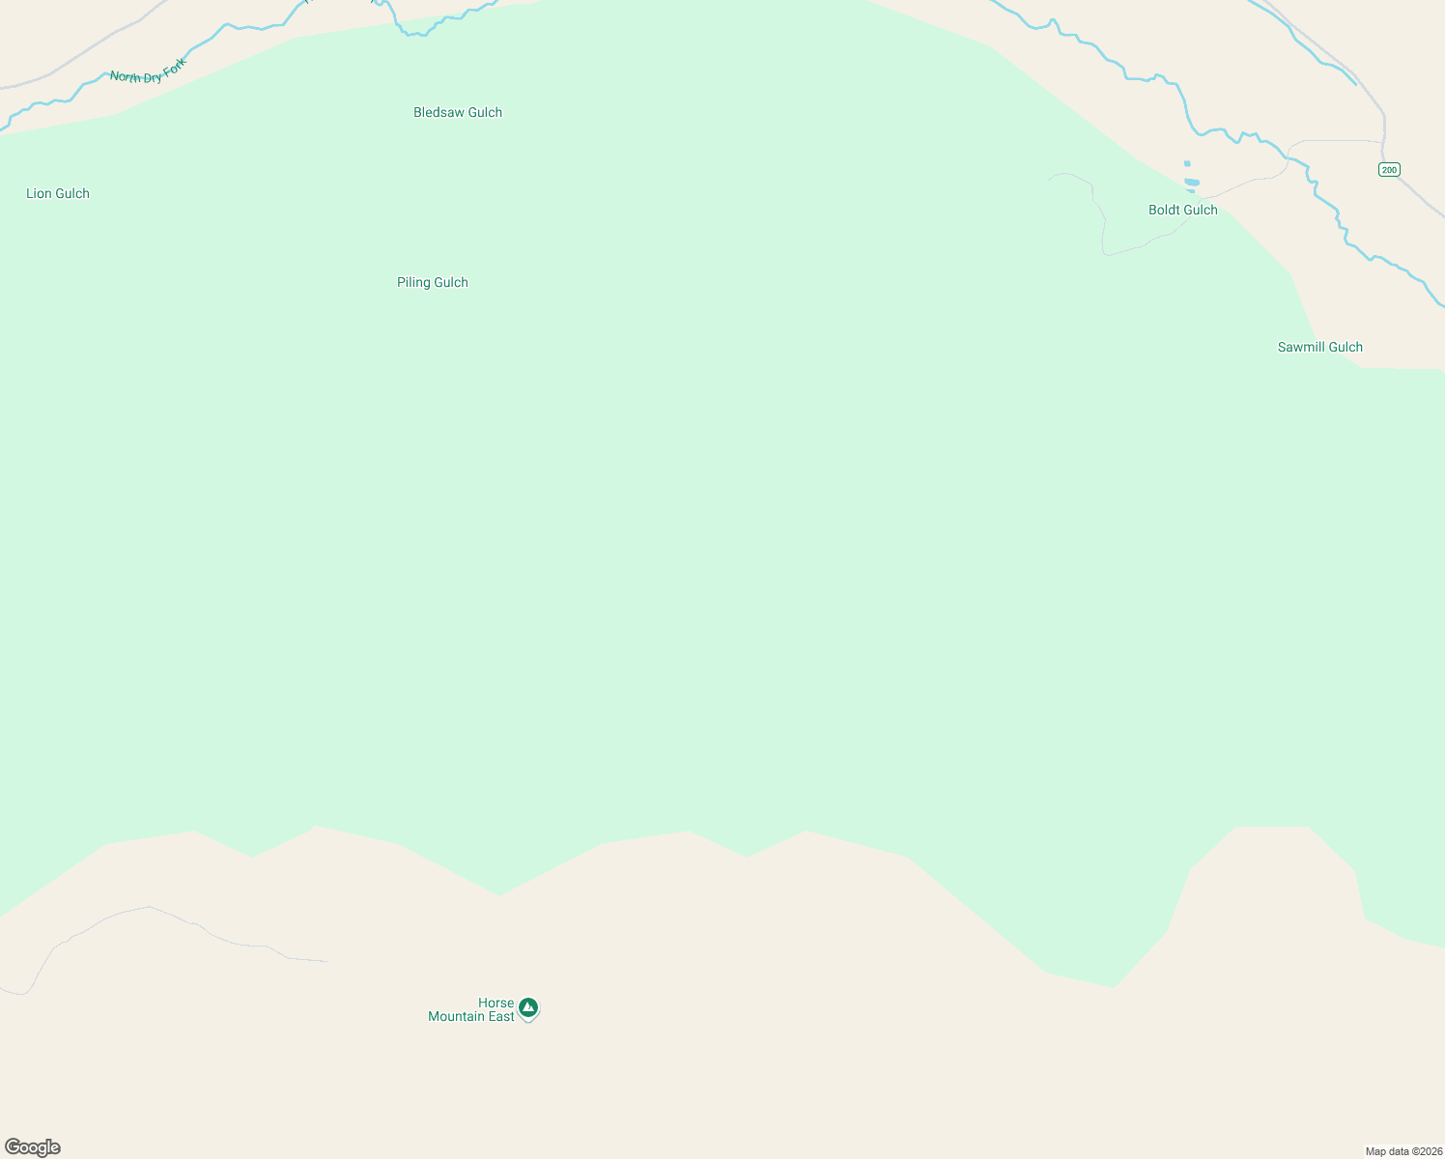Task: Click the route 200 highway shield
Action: click(x=1389, y=170)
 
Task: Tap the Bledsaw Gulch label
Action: click(x=458, y=113)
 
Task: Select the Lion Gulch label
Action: click(x=58, y=194)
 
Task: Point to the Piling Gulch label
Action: click(x=433, y=283)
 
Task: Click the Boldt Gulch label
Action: click(x=1183, y=211)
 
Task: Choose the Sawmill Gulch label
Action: click(x=1320, y=348)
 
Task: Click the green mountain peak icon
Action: click(x=527, y=1008)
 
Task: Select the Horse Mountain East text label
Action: click(x=472, y=1010)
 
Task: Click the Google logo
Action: click(x=33, y=1147)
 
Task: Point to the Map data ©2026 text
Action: click(x=1403, y=1151)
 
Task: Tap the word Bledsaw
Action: click(x=439, y=113)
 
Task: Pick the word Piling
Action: click(x=413, y=283)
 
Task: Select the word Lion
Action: click(x=40, y=194)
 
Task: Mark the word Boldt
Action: click(x=1165, y=211)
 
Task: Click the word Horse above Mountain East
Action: click(x=496, y=1004)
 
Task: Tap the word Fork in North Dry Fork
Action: click(x=174, y=67)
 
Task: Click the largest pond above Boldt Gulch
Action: click(x=1192, y=182)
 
